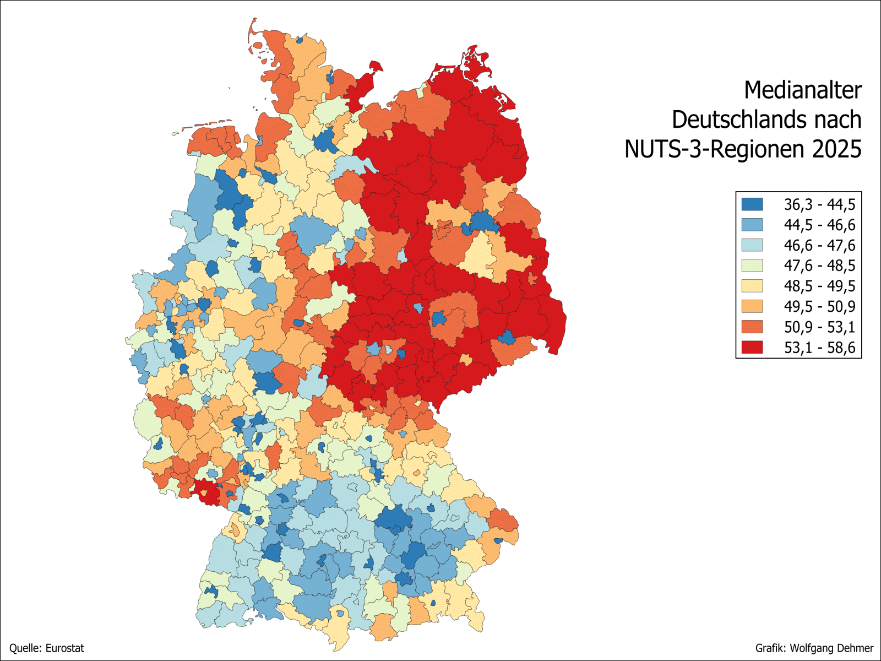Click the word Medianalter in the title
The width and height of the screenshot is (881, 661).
[803, 91]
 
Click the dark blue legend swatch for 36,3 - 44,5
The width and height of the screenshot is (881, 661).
[752, 204]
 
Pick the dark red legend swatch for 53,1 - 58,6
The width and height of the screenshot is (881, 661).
[752, 347]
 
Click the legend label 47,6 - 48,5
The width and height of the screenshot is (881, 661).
[819, 266]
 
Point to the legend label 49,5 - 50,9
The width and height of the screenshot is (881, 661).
[819, 306]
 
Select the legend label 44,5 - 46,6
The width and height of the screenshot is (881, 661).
[819, 225]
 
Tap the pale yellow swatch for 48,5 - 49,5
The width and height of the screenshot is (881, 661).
[752, 286]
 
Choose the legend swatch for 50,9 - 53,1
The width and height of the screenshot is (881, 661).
[752, 327]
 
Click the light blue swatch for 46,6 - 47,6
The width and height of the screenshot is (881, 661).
[752, 245]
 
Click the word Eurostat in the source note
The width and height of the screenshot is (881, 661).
[64, 648]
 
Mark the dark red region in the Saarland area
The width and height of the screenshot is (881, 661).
[206, 492]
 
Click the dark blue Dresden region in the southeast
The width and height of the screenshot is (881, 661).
[507, 337]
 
